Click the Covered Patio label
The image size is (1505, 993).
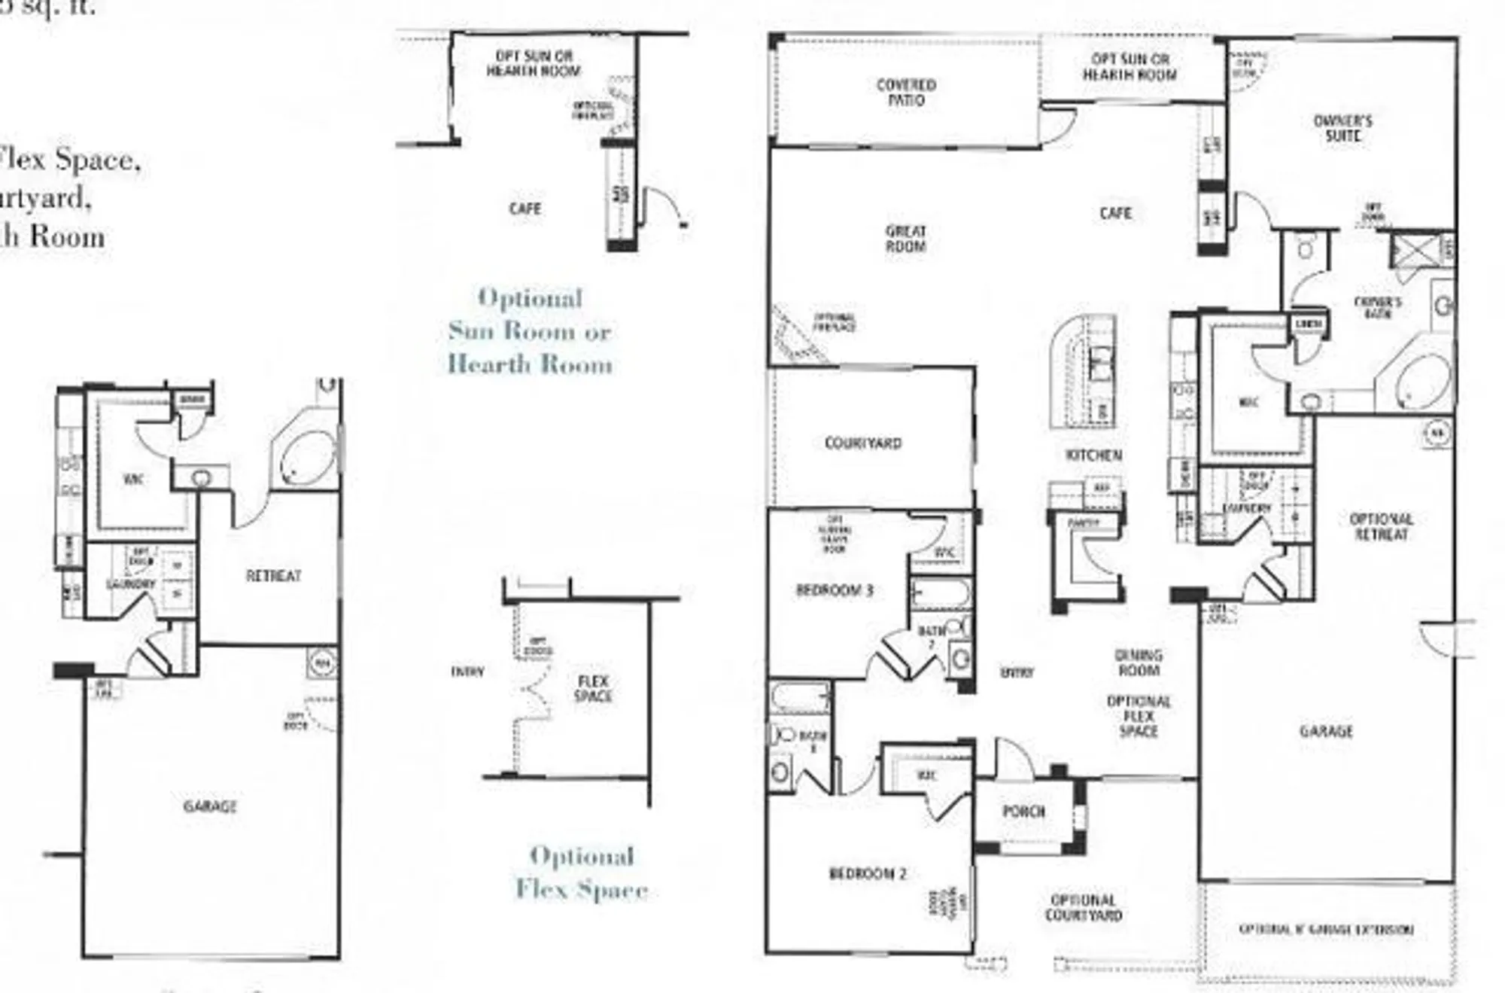pyautogui.click(x=906, y=93)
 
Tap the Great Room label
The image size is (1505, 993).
pyautogui.click(x=905, y=239)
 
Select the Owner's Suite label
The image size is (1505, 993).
pyautogui.click(x=1342, y=129)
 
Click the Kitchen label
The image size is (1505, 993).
pyautogui.click(x=1093, y=455)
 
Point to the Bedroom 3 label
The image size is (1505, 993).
pyautogui.click(x=835, y=590)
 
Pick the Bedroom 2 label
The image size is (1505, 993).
pyautogui.click(x=867, y=874)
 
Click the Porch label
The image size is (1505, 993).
pyautogui.click(x=1023, y=812)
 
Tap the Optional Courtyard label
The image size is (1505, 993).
pyautogui.click(x=1083, y=908)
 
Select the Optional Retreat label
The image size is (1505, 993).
pyautogui.click(x=1381, y=527)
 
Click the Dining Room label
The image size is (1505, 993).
pyautogui.click(x=1139, y=663)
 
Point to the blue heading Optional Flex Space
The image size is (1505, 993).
pyautogui.click(x=581, y=873)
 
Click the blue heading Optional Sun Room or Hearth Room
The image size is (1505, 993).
pyautogui.click(x=530, y=331)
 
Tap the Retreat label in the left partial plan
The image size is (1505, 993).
pyautogui.click(x=273, y=576)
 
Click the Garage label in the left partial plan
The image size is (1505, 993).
pyautogui.click(x=210, y=806)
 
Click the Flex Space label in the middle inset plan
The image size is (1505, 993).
pyautogui.click(x=593, y=689)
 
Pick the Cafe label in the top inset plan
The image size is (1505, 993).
pyautogui.click(x=524, y=209)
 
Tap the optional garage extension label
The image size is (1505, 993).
pyautogui.click(x=1326, y=930)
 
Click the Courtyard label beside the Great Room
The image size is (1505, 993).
pyautogui.click(x=862, y=443)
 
